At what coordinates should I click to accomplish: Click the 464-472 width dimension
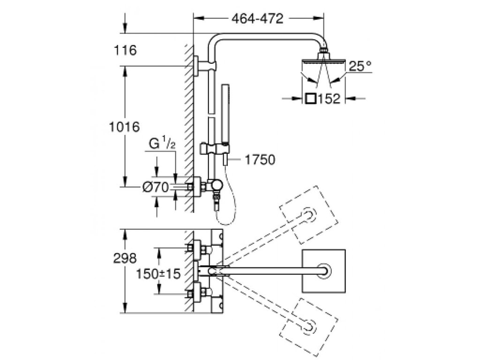(x=258, y=19)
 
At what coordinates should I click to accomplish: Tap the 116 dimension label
(x=125, y=50)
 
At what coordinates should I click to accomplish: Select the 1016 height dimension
(x=125, y=127)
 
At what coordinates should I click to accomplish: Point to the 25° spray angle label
(x=360, y=66)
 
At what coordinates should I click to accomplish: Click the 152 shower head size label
(x=328, y=99)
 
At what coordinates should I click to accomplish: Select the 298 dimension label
(x=125, y=257)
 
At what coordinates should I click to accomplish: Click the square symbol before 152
(x=310, y=99)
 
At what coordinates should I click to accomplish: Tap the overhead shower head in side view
(x=323, y=62)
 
